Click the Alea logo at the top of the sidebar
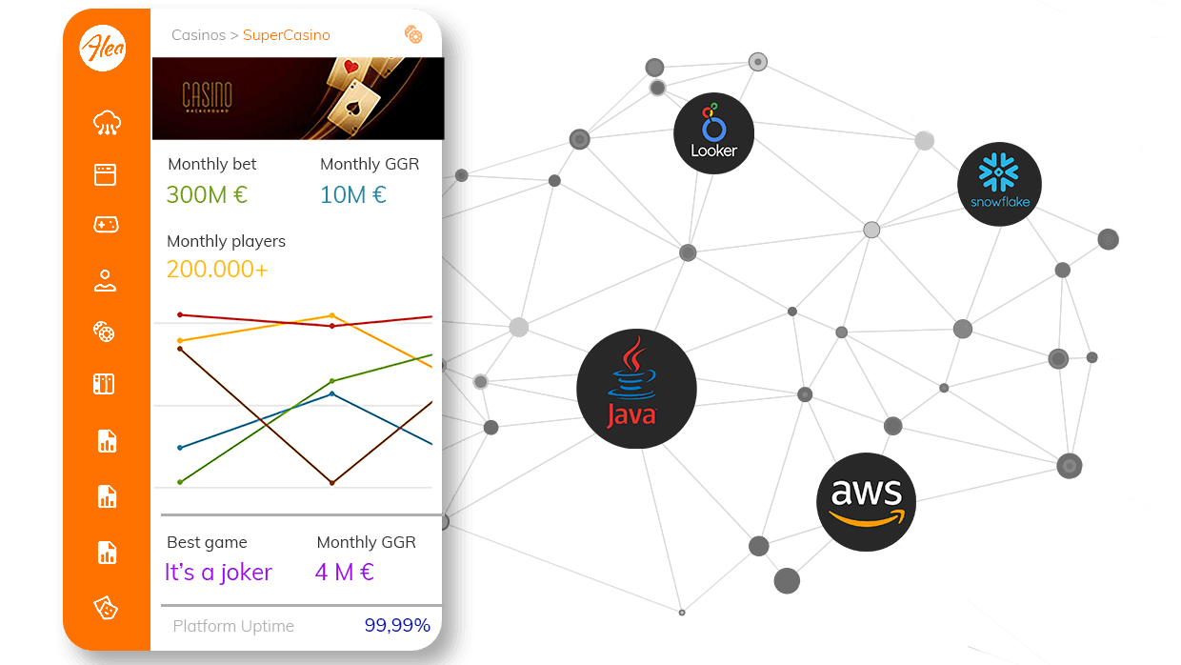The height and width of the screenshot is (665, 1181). pos(104,47)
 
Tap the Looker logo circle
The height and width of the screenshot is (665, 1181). pos(713,132)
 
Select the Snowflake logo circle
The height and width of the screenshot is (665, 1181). pos(999,184)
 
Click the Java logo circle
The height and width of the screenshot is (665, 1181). pos(636,388)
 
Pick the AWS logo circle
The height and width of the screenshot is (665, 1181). pos(866,501)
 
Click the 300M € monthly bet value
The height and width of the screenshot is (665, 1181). pos(207,195)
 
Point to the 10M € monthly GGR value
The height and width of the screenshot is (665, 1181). pos(353,195)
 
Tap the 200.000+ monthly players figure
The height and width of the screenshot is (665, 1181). pos(217,270)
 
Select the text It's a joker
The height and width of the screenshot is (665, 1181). pos(218,573)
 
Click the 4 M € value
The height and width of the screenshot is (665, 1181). pos(344,573)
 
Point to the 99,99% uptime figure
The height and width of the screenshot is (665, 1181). pos(397,626)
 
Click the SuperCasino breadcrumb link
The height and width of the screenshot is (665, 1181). pos(286,35)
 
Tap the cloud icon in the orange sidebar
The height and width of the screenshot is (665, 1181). pos(107,122)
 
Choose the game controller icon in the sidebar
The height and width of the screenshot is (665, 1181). pos(105,225)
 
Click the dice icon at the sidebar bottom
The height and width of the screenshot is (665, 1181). pos(105,607)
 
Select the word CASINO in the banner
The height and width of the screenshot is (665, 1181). pos(208,95)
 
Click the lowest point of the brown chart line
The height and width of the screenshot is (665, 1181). pos(331,483)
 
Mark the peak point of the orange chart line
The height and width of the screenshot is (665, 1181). pos(331,315)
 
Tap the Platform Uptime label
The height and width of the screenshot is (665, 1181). pos(233,626)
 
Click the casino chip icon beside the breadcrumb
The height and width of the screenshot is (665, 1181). pos(412,34)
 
